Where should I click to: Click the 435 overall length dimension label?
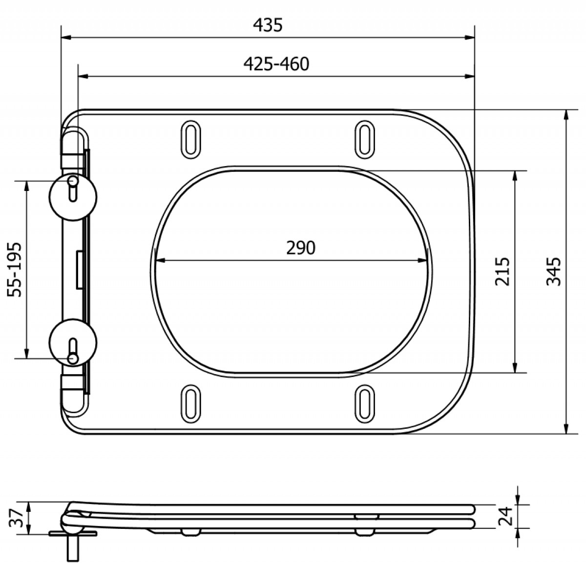tap(268, 25)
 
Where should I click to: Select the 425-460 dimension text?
tap(276, 64)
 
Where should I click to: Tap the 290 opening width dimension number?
tap(300, 248)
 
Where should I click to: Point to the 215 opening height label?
tap(502, 272)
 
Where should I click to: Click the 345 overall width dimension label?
tap(554, 272)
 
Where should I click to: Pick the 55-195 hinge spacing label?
tap(15, 270)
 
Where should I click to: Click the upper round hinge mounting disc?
tap(73, 197)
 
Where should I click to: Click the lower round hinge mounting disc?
tap(73, 343)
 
